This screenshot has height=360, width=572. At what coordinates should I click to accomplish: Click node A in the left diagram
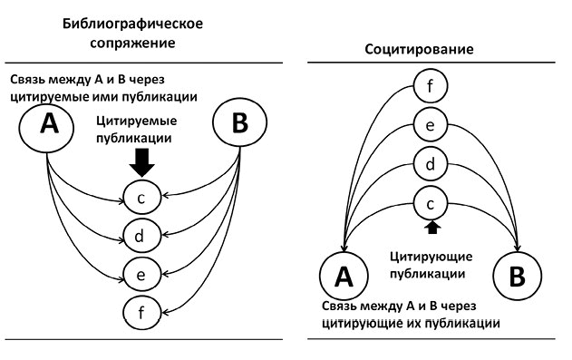[x=46, y=128]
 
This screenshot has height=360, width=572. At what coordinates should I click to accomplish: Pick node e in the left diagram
[x=140, y=273]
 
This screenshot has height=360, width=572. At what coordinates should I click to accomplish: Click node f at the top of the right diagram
[x=431, y=89]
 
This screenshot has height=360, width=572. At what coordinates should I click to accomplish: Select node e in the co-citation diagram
[x=431, y=126]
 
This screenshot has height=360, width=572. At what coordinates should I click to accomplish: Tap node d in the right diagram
[x=431, y=164]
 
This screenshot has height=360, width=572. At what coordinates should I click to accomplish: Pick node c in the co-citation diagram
[x=431, y=201]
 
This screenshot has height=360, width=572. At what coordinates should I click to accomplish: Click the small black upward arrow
[x=431, y=225]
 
